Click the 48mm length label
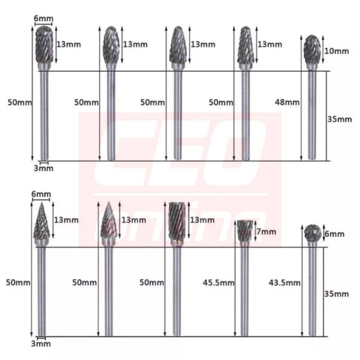[x=287, y=102]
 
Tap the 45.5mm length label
[x=219, y=283]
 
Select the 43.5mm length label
[x=284, y=283]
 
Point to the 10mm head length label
[x=337, y=51]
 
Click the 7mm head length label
[x=266, y=232]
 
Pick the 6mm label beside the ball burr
[x=334, y=234]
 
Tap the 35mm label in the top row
[x=340, y=119]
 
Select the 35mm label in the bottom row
[x=337, y=294]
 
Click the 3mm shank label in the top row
[x=44, y=168]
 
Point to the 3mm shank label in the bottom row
[x=41, y=343]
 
